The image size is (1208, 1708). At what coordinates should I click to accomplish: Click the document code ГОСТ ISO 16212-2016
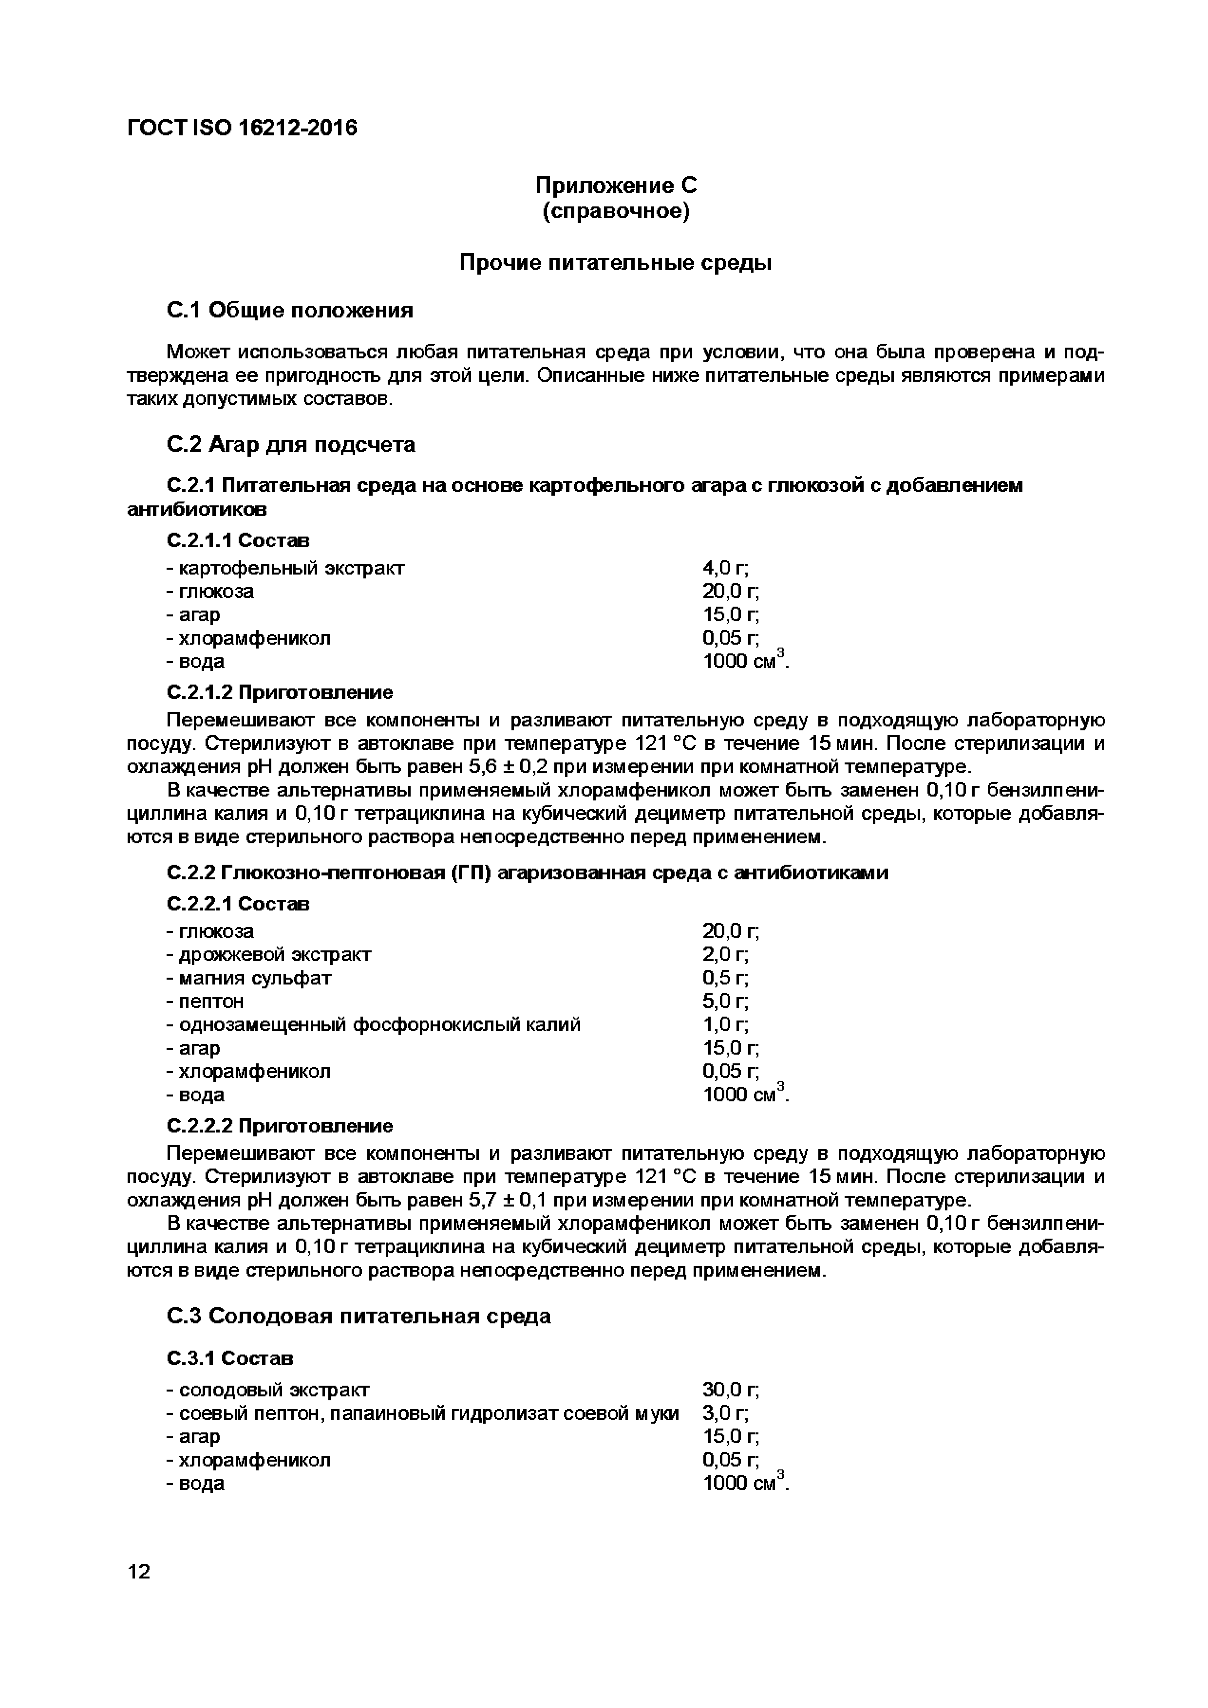pyautogui.click(x=242, y=128)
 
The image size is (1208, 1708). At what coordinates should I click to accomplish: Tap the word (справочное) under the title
pyautogui.click(x=616, y=212)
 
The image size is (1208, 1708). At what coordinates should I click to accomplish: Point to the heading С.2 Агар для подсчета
pyautogui.click(x=290, y=445)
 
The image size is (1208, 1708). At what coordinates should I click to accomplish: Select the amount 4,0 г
pyautogui.click(x=725, y=568)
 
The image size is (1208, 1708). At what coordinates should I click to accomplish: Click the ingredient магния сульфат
pyautogui.click(x=255, y=978)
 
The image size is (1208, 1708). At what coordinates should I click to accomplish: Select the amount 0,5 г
pyautogui.click(x=725, y=978)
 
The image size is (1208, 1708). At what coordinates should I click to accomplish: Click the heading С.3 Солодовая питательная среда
pyautogui.click(x=359, y=1316)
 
